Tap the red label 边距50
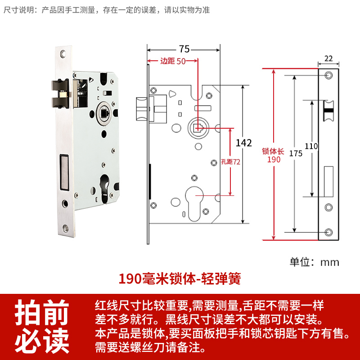pyautogui.click(x=173, y=62)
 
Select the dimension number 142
pyautogui.click(x=244, y=143)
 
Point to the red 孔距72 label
pyautogui.click(x=231, y=162)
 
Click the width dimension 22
pyautogui.click(x=328, y=58)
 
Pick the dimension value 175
pyautogui.click(x=296, y=153)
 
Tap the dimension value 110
pyautogui.click(x=311, y=146)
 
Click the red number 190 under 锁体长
pyautogui.click(x=274, y=160)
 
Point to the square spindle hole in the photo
pyautogui.click(x=103, y=111)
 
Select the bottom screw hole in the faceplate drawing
pyautogui.click(x=328, y=232)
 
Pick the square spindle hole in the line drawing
pyautogui.click(x=197, y=127)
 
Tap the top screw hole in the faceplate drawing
pyautogui.click(x=328, y=74)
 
